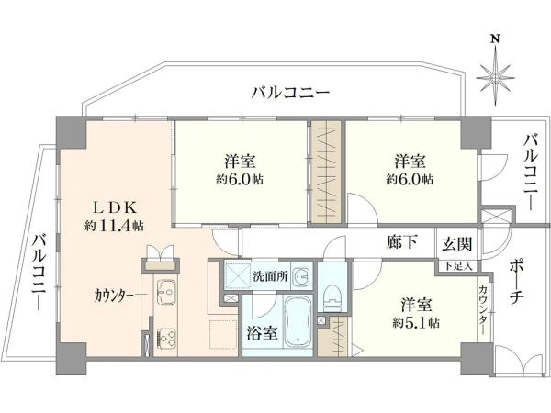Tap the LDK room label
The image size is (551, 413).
114,208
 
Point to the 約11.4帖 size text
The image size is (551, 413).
114,226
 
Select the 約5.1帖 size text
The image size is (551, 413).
416,322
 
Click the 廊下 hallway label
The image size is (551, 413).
402,242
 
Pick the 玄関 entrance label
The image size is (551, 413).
456,243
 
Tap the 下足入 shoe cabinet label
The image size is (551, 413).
456,266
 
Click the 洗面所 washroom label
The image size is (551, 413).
271,276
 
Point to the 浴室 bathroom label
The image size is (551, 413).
262,333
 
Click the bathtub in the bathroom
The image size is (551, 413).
298,321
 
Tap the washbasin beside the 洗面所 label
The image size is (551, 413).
301,275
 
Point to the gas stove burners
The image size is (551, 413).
166,338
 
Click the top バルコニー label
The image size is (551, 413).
290,93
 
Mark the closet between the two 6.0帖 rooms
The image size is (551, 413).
326,173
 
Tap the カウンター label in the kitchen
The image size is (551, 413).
114,296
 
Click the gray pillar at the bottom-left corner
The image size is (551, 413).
72,358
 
